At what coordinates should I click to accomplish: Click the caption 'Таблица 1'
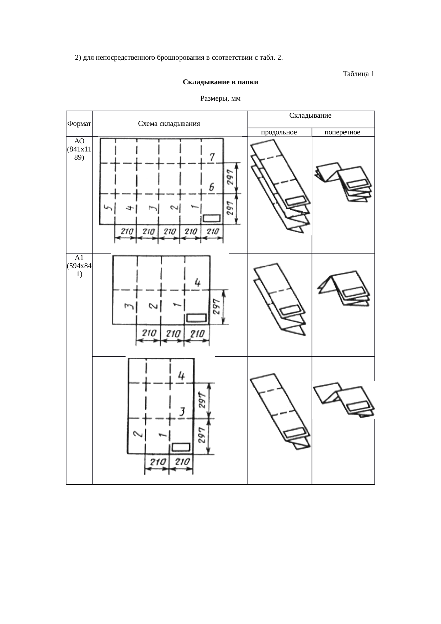(x=358, y=74)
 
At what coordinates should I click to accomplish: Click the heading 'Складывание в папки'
(x=220, y=82)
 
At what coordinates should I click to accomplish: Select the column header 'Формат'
(x=79, y=124)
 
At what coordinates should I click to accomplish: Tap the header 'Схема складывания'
(x=169, y=124)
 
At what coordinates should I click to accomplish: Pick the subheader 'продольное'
(x=279, y=132)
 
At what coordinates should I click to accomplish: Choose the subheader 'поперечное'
(x=342, y=132)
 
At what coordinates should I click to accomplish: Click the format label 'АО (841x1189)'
(x=79, y=149)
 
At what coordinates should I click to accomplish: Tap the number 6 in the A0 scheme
(x=212, y=187)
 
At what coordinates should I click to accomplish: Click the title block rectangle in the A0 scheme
(x=212, y=218)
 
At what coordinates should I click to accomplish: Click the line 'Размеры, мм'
(x=220, y=98)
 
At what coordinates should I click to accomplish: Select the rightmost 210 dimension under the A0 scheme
(x=212, y=231)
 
